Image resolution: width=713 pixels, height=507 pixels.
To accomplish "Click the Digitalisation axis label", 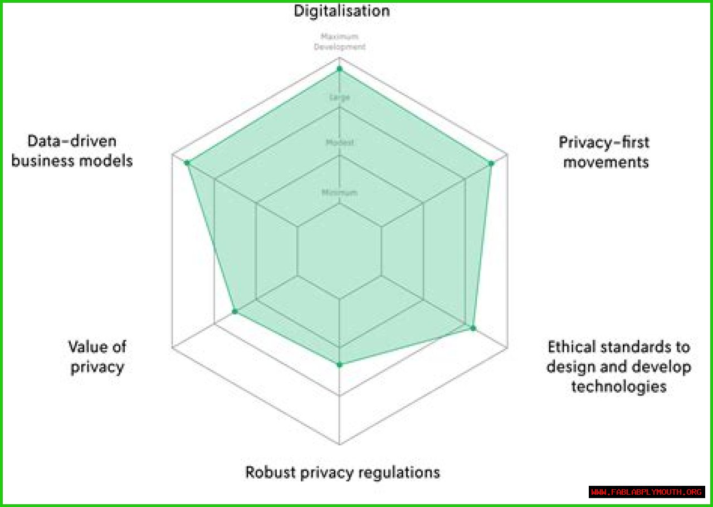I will click(x=342, y=11).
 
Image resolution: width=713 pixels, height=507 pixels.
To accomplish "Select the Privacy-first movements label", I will click(x=604, y=152).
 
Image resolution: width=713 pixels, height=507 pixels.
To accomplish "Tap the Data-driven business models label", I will click(x=72, y=151).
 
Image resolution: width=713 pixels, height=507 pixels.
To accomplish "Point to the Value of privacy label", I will click(x=97, y=357).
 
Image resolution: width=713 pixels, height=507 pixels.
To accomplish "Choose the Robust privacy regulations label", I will click(x=343, y=472).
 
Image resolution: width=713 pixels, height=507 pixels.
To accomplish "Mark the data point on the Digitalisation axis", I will click(x=339, y=70).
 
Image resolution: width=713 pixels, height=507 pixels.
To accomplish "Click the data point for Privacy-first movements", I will click(x=491, y=163).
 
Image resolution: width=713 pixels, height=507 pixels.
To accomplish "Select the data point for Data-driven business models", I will click(x=187, y=163).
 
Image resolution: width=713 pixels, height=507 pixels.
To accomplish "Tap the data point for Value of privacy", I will click(x=235, y=311).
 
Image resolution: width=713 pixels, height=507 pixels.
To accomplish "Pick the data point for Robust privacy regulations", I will click(x=339, y=364).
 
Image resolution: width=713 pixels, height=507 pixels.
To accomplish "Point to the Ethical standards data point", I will click(x=473, y=328).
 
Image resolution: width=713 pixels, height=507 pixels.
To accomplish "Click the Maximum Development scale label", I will click(x=339, y=42).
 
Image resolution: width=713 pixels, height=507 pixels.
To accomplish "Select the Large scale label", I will click(x=339, y=97).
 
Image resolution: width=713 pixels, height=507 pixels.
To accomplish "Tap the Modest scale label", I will click(x=339, y=143).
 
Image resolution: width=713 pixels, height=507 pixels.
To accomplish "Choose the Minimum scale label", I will click(x=339, y=193).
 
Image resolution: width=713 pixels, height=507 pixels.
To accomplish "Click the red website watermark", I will click(x=647, y=492).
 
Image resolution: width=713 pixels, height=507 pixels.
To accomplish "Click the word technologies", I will click(x=619, y=386).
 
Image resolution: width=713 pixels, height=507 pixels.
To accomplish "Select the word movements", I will click(x=605, y=162).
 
